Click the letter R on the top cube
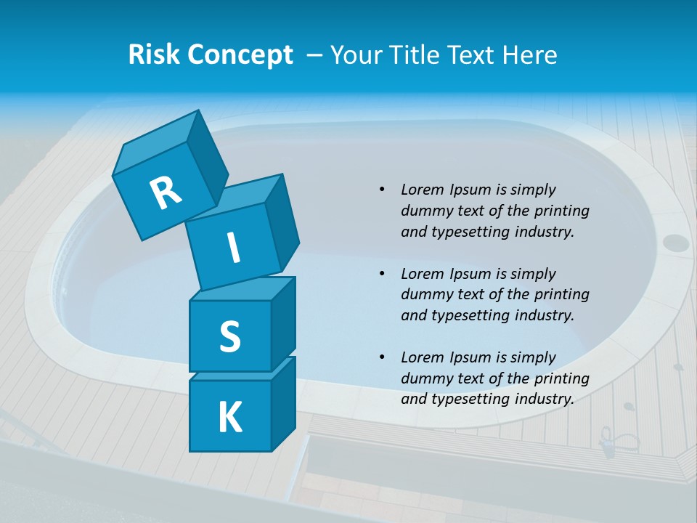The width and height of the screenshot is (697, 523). [166, 192]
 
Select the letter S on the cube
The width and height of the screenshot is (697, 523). [229, 336]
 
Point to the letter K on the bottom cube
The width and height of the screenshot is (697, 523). [229, 418]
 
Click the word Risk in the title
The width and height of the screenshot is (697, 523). [154, 54]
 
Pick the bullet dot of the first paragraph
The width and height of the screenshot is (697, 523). [383, 190]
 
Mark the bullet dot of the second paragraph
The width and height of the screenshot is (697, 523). [383, 274]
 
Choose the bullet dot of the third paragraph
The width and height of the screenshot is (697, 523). [383, 357]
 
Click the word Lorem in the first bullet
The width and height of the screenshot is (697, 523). [423, 190]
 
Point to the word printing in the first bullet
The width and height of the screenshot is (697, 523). [561, 211]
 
